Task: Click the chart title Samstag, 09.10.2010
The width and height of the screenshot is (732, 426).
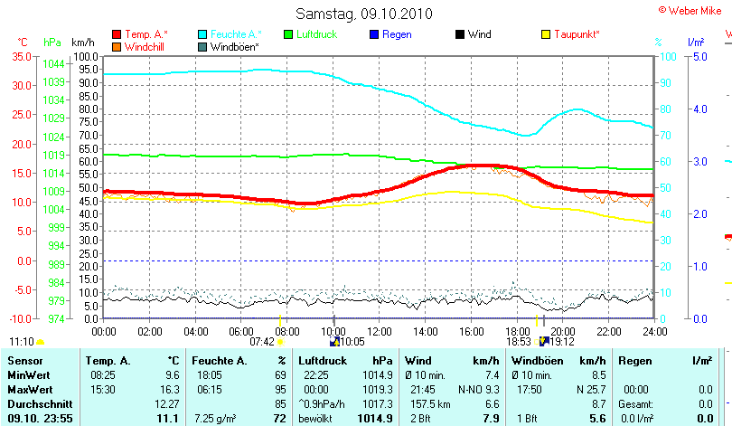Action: pyautogui.click(x=364, y=14)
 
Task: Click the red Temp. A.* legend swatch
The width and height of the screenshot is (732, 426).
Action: pyautogui.click(x=117, y=34)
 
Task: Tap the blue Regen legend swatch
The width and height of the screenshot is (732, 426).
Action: pyautogui.click(x=373, y=34)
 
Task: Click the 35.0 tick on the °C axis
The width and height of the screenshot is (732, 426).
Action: pyautogui.click(x=22, y=56)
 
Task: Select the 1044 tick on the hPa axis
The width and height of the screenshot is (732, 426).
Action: pyautogui.click(x=53, y=64)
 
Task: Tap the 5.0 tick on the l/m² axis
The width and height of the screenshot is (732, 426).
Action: pyautogui.click(x=699, y=56)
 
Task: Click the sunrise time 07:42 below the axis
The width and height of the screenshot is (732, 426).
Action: pyautogui.click(x=261, y=341)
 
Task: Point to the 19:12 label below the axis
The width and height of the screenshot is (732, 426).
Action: pyautogui.click(x=562, y=341)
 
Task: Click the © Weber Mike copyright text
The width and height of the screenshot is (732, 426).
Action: pyautogui.click(x=694, y=9)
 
